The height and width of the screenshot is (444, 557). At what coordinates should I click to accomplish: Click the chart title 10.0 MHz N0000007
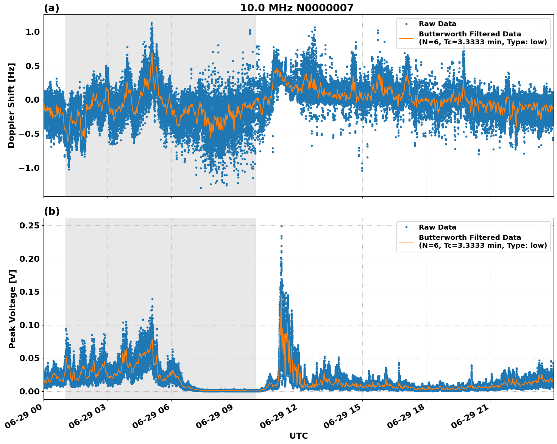(x=297, y=8)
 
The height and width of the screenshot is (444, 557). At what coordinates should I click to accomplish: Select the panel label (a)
(x=51, y=8)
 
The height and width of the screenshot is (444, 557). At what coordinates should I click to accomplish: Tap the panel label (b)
(x=51, y=211)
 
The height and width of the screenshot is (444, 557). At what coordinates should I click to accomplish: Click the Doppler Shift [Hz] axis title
(x=11, y=105)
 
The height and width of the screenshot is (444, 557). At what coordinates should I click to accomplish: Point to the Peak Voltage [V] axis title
(x=12, y=309)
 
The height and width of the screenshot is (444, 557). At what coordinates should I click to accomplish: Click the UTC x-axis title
(x=298, y=436)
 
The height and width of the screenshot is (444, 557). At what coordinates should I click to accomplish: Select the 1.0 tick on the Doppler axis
(x=32, y=32)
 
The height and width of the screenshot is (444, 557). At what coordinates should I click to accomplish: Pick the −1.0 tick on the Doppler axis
(x=30, y=168)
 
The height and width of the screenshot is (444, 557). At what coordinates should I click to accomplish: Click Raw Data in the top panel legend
(x=437, y=24)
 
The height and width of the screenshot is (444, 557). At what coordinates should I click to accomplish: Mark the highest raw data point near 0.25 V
(x=281, y=226)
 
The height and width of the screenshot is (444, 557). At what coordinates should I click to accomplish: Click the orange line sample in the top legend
(x=406, y=38)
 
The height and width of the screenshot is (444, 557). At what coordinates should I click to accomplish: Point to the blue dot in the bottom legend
(x=406, y=227)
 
